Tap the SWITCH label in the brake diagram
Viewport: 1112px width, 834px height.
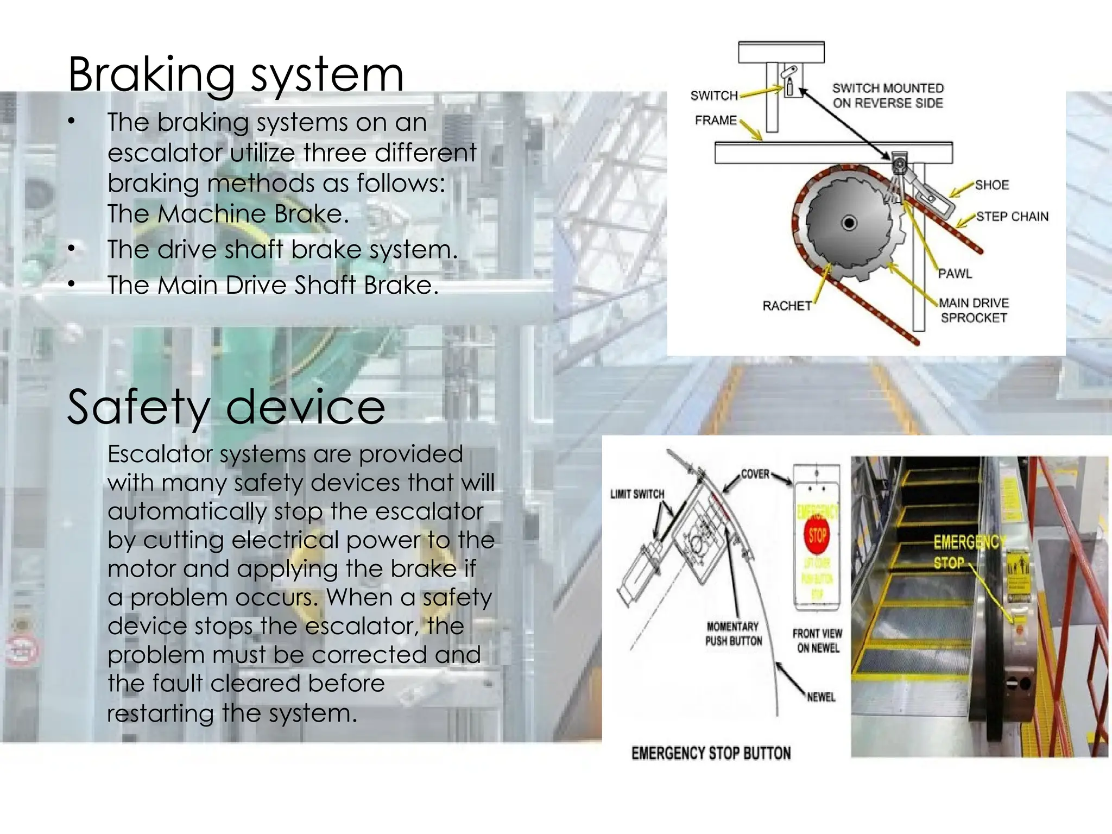coord(714,96)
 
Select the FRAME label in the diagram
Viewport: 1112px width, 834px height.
coord(716,120)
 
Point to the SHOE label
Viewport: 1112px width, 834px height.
coord(991,185)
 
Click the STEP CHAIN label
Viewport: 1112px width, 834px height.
coord(1012,217)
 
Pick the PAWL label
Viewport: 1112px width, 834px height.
coord(955,274)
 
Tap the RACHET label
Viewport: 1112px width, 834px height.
coord(787,306)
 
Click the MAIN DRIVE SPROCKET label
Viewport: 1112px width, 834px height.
coord(974,311)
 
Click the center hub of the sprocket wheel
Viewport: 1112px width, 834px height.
coord(849,223)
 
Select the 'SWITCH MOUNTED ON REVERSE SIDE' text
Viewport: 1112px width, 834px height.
coord(888,96)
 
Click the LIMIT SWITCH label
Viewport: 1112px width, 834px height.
coord(637,494)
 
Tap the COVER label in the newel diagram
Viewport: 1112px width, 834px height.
coord(755,474)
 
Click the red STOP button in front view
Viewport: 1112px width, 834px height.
coord(817,535)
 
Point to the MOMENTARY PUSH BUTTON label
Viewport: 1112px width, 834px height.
coord(733,634)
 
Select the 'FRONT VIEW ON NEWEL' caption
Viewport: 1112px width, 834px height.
coord(817,641)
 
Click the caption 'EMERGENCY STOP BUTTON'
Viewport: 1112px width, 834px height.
coord(711,754)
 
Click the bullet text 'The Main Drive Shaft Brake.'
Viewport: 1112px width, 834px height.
coord(273,285)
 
